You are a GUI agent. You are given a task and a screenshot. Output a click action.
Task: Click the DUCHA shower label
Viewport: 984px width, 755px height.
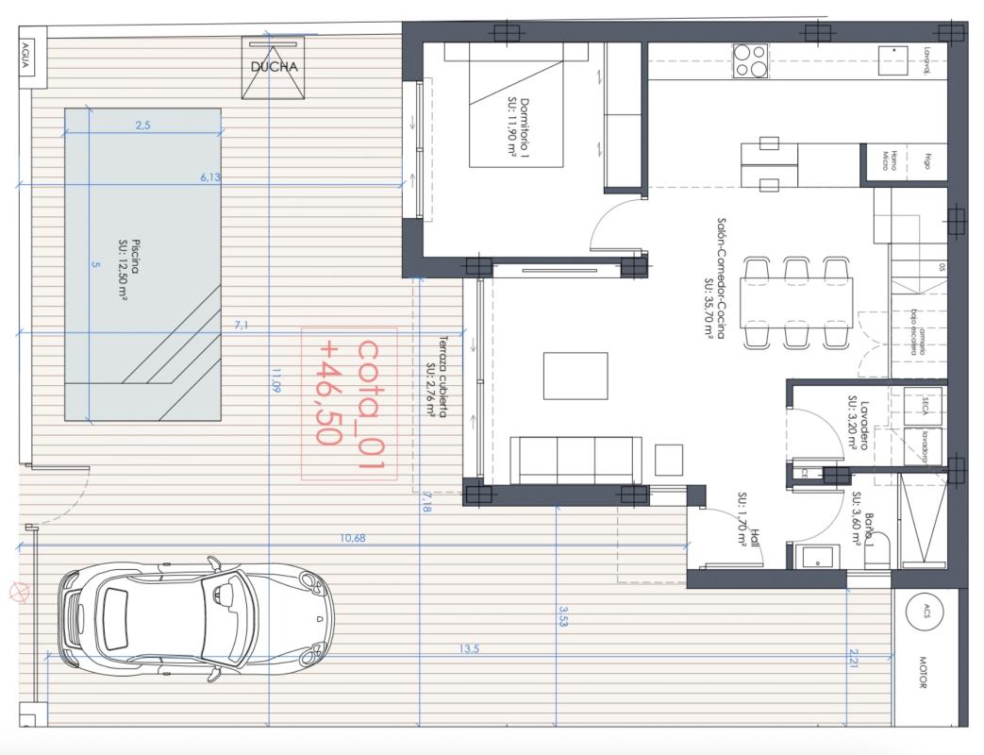(275, 67)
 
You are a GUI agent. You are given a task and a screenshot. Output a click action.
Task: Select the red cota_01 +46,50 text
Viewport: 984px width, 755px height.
(349, 404)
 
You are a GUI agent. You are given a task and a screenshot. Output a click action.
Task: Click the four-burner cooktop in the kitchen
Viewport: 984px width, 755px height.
(750, 61)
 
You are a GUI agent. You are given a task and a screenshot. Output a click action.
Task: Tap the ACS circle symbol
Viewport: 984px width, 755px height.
(925, 612)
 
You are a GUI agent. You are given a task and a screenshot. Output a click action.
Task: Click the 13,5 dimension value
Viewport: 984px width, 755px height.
(468, 649)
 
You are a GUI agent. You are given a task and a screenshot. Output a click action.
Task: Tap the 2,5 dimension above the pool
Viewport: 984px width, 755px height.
(142, 125)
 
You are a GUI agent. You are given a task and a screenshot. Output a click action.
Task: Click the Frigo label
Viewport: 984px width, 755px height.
(926, 161)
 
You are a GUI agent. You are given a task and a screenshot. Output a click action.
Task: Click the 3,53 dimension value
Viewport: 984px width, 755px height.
(563, 618)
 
